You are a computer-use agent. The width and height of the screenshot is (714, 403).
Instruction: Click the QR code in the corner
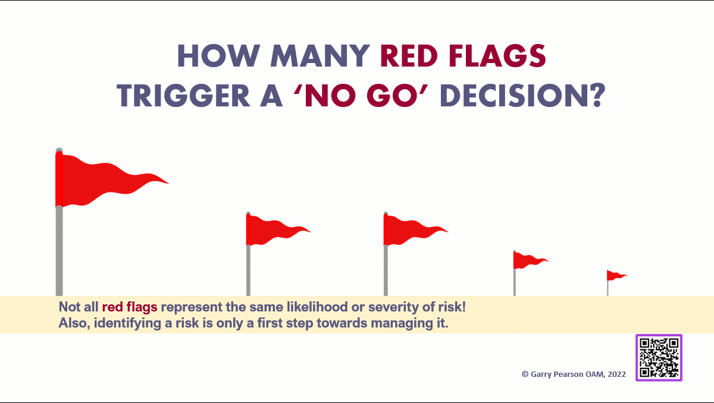click(659, 357)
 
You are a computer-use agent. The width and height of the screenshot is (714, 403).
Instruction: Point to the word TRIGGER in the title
click(190, 96)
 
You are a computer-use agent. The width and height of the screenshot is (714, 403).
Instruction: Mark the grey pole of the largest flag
click(59, 250)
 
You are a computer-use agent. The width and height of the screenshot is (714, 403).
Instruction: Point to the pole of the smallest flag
click(607, 288)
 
